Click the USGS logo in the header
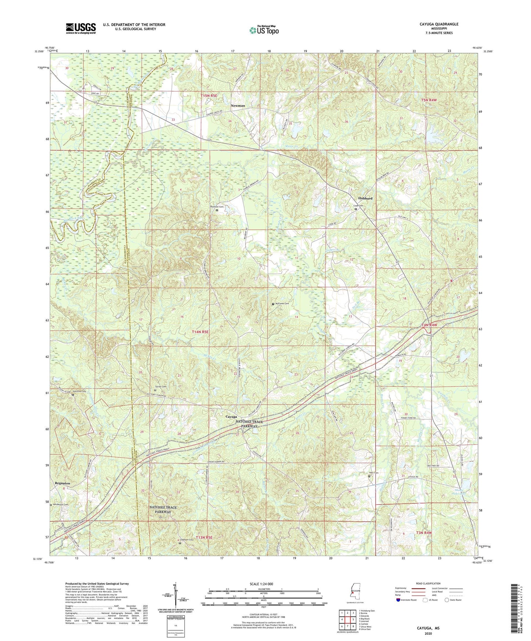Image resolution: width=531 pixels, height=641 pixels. [x=80, y=28]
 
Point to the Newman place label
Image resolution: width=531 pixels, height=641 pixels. [x=237, y=105]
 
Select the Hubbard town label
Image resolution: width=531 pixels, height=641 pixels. [x=365, y=198]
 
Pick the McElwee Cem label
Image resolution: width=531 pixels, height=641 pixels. [x=282, y=304]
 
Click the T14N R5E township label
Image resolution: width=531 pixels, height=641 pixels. [x=200, y=332]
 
